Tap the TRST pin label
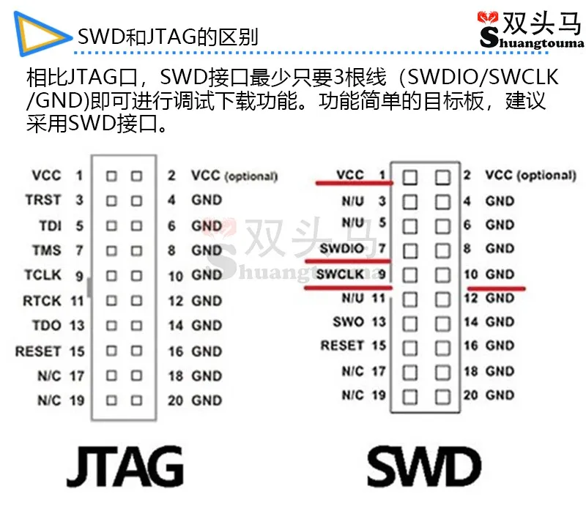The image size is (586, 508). (43, 200)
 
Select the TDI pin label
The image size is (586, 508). (49, 225)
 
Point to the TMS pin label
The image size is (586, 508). (46, 250)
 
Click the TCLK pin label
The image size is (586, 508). (42, 275)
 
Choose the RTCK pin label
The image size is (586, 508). (42, 301)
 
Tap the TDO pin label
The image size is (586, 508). (47, 326)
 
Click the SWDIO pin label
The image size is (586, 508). (341, 249)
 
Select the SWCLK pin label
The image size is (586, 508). (340, 274)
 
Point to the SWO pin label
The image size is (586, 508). (348, 321)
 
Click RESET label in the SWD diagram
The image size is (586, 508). (342, 345)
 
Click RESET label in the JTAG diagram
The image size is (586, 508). (37, 351)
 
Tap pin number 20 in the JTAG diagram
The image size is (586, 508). (175, 400)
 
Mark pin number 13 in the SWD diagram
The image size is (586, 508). (379, 321)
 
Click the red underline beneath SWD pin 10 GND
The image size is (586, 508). (496, 288)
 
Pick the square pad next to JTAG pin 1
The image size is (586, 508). (111, 176)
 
